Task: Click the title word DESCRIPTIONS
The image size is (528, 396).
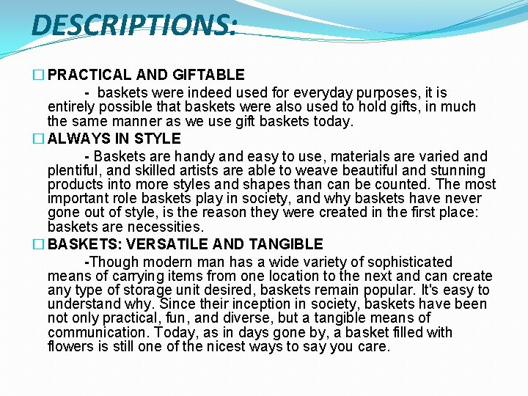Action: tap(134, 26)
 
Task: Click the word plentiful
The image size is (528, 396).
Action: tap(74, 171)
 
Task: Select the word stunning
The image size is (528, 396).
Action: tap(455, 171)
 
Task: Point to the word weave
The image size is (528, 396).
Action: tap(342, 171)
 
